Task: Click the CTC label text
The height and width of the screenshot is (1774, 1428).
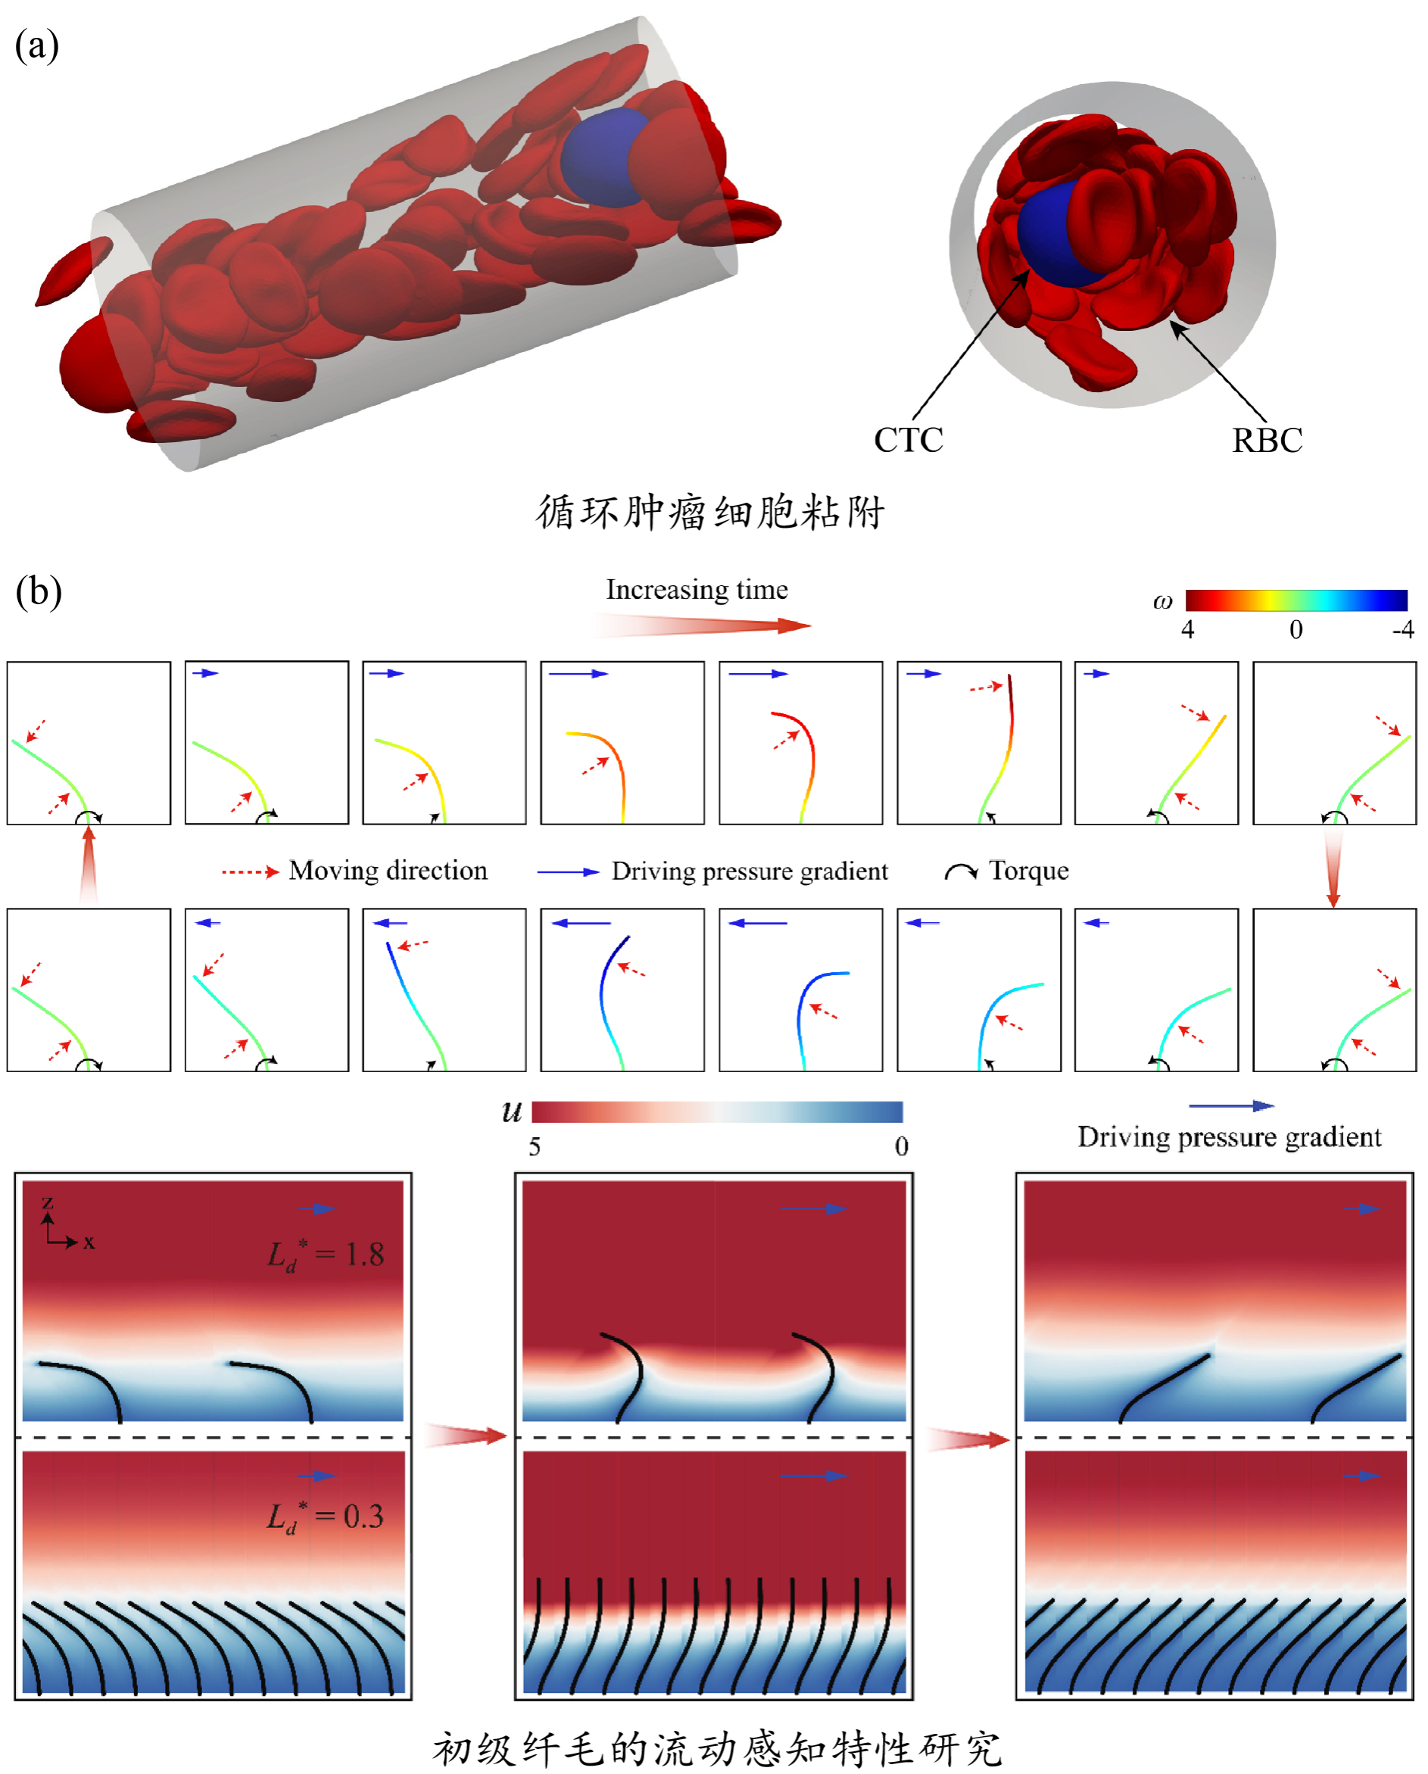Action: pyautogui.click(x=908, y=440)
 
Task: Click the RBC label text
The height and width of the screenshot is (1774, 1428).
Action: pyautogui.click(x=1267, y=441)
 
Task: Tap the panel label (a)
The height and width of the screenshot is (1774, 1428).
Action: pyautogui.click(x=37, y=46)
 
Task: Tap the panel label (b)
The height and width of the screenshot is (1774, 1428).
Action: pyautogui.click(x=39, y=592)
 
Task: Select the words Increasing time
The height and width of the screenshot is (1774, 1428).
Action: pyautogui.click(x=697, y=590)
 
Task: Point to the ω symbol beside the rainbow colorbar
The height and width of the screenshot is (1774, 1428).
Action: pyautogui.click(x=1162, y=602)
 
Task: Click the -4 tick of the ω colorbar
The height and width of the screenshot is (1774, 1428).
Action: pyautogui.click(x=1402, y=630)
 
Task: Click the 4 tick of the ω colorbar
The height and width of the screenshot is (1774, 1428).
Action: pyautogui.click(x=1188, y=630)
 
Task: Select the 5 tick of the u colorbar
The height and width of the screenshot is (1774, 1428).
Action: pyautogui.click(x=535, y=1147)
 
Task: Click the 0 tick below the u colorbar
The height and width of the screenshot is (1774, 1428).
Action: pyautogui.click(x=901, y=1147)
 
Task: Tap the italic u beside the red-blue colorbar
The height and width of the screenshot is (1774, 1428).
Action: pyautogui.click(x=512, y=1112)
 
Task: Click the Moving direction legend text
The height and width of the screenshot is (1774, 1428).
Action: pyautogui.click(x=388, y=871)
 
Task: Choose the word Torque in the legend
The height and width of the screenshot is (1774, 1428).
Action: pyautogui.click(x=1029, y=871)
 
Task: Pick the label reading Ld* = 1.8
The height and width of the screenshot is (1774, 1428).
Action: pyautogui.click(x=326, y=1255)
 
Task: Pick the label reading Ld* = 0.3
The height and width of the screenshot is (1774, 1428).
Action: pyautogui.click(x=325, y=1517)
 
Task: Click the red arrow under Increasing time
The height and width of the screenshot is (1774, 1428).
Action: pyautogui.click(x=700, y=626)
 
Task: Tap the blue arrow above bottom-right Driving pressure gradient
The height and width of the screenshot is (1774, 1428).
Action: pyautogui.click(x=1230, y=1106)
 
